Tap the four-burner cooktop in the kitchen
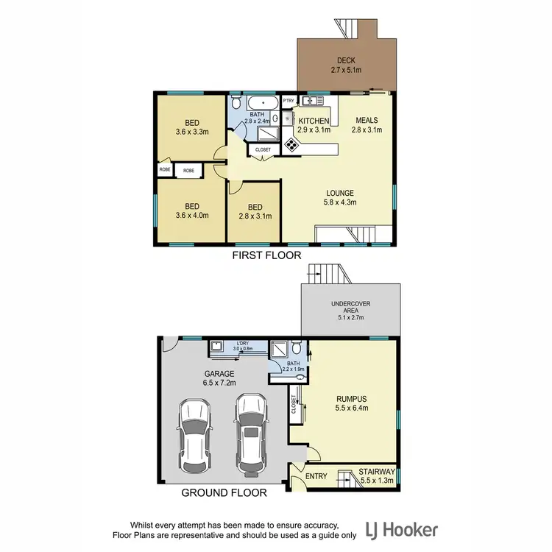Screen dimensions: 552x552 (291, 145)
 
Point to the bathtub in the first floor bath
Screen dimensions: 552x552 (262, 102)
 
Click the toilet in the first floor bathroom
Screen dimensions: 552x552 (236, 103)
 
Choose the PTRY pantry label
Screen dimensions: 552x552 (289, 101)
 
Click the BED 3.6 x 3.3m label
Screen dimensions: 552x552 (192, 128)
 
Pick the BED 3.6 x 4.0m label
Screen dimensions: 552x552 (192, 211)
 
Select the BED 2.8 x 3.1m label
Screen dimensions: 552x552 (255, 211)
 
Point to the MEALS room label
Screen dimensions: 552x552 (367, 124)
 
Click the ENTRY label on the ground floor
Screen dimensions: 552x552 (316, 476)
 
